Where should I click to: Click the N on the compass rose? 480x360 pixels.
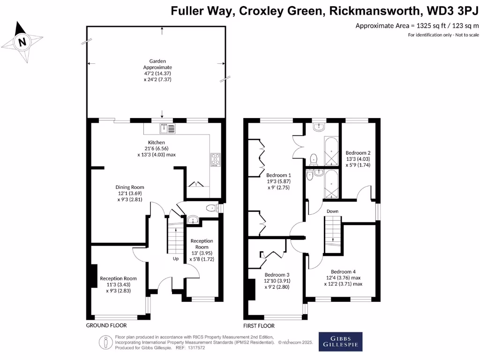click(x=22, y=42)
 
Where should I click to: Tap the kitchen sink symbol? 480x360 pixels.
click(x=167, y=128)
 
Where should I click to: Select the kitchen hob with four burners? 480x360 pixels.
click(x=215, y=160)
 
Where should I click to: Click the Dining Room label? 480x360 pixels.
click(x=130, y=187)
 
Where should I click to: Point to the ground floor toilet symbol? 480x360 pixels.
click(x=213, y=208)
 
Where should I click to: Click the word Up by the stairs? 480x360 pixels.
click(x=176, y=259)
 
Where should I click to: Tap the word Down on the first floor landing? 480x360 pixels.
click(x=332, y=211)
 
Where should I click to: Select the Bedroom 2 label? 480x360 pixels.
click(x=358, y=153)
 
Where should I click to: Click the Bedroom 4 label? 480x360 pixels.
click(x=343, y=271)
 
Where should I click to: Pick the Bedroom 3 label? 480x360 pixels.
click(x=277, y=275)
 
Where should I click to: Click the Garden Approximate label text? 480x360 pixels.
click(x=157, y=64)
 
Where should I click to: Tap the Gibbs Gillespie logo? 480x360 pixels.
click(x=340, y=342)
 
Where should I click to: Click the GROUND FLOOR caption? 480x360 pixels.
click(x=106, y=325)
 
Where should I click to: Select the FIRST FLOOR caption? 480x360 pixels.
click(x=259, y=326)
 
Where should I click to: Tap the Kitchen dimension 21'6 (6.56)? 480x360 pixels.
click(x=157, y=149)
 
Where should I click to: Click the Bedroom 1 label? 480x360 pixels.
click(x=278, y=175)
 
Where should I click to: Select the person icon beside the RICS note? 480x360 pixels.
click(x=105, y=342)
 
